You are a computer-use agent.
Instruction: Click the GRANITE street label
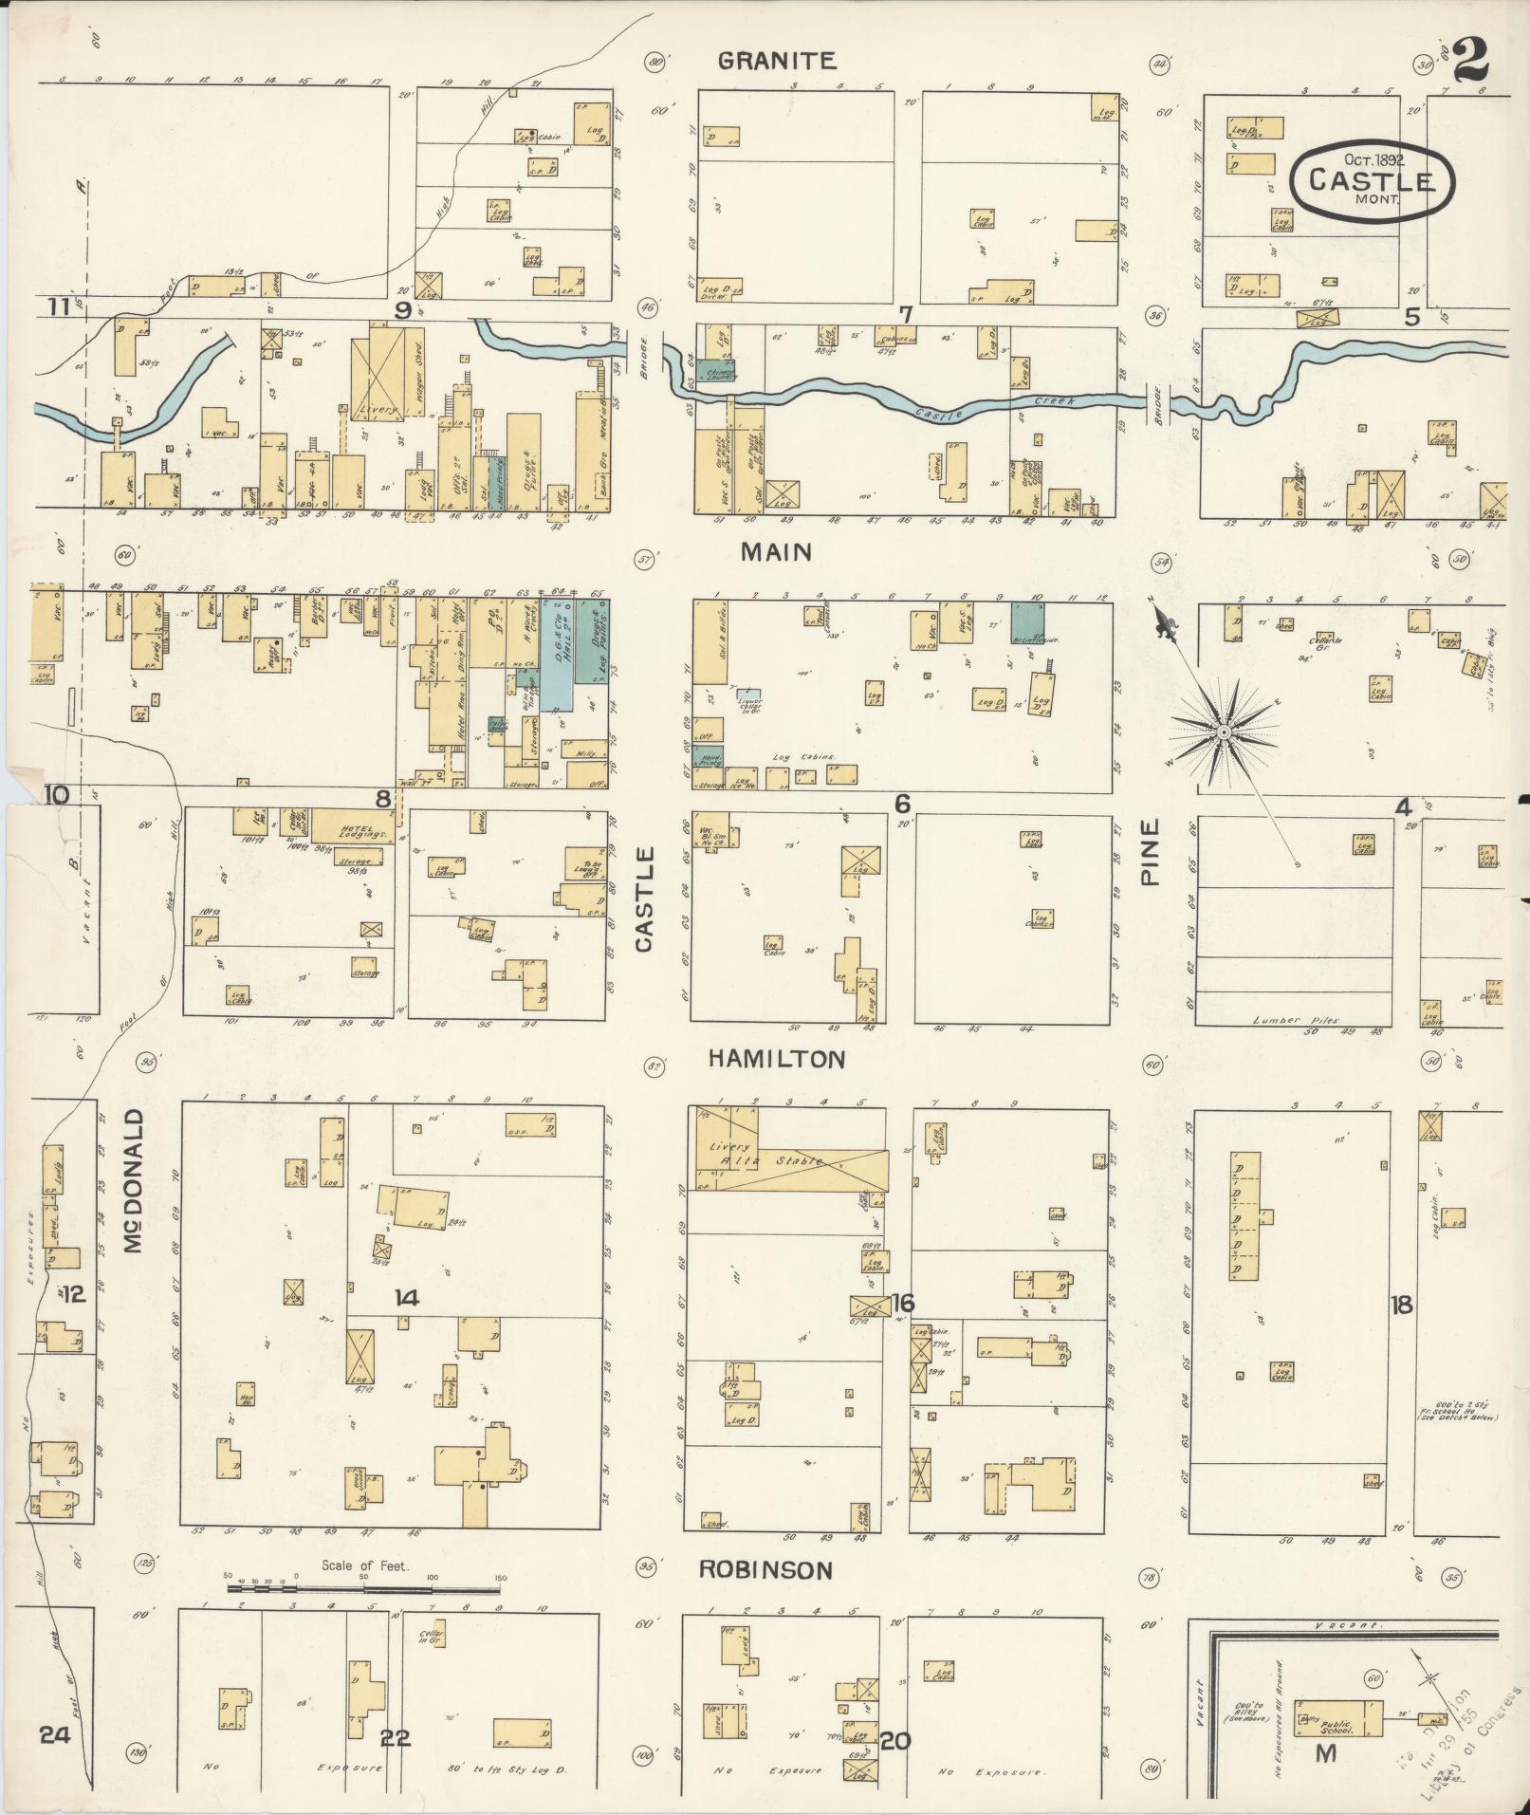pos(776,62)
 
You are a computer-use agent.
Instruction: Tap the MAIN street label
pos(776,551)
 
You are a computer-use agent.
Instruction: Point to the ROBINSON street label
pos(765,1570)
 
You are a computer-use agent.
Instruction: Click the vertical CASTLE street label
pos(645,900)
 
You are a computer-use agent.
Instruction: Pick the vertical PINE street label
pos(1151,853)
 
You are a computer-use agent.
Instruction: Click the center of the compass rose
pos(1224,732)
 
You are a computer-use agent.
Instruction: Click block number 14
pos(407,1298)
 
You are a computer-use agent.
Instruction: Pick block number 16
pos(901,1303)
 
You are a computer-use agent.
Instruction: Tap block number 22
pos(395,1738)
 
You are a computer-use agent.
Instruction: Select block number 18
pos(1401,1305)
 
